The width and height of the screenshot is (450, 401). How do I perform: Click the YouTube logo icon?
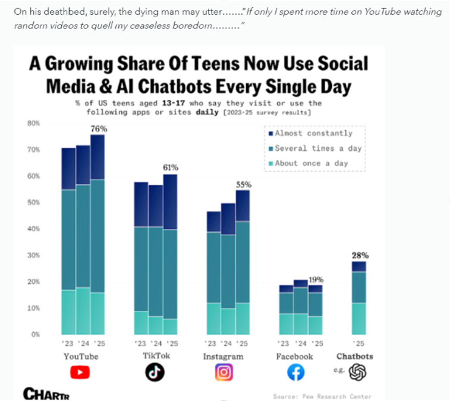[80, 372]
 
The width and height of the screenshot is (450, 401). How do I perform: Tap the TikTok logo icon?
[155, 372]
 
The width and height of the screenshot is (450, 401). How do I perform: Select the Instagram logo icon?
[224, 372]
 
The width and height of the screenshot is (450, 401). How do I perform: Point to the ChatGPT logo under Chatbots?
[358, 372]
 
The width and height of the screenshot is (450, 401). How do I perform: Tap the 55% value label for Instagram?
[243, 184]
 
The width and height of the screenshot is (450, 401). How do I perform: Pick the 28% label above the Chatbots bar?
[360, 255]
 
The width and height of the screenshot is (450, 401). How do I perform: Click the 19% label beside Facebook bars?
[316, 279]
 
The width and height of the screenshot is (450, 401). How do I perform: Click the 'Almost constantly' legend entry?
[313, 133]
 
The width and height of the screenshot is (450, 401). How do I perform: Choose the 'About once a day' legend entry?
[314, 163]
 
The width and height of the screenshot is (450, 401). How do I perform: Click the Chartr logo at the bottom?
[46, 393]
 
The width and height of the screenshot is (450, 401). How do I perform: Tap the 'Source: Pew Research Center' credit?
[322, 396]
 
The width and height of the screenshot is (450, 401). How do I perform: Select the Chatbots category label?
[355, 356]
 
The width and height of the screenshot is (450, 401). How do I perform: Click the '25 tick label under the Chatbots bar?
[358, 344]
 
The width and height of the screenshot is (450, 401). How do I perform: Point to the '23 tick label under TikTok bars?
[140, 344]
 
